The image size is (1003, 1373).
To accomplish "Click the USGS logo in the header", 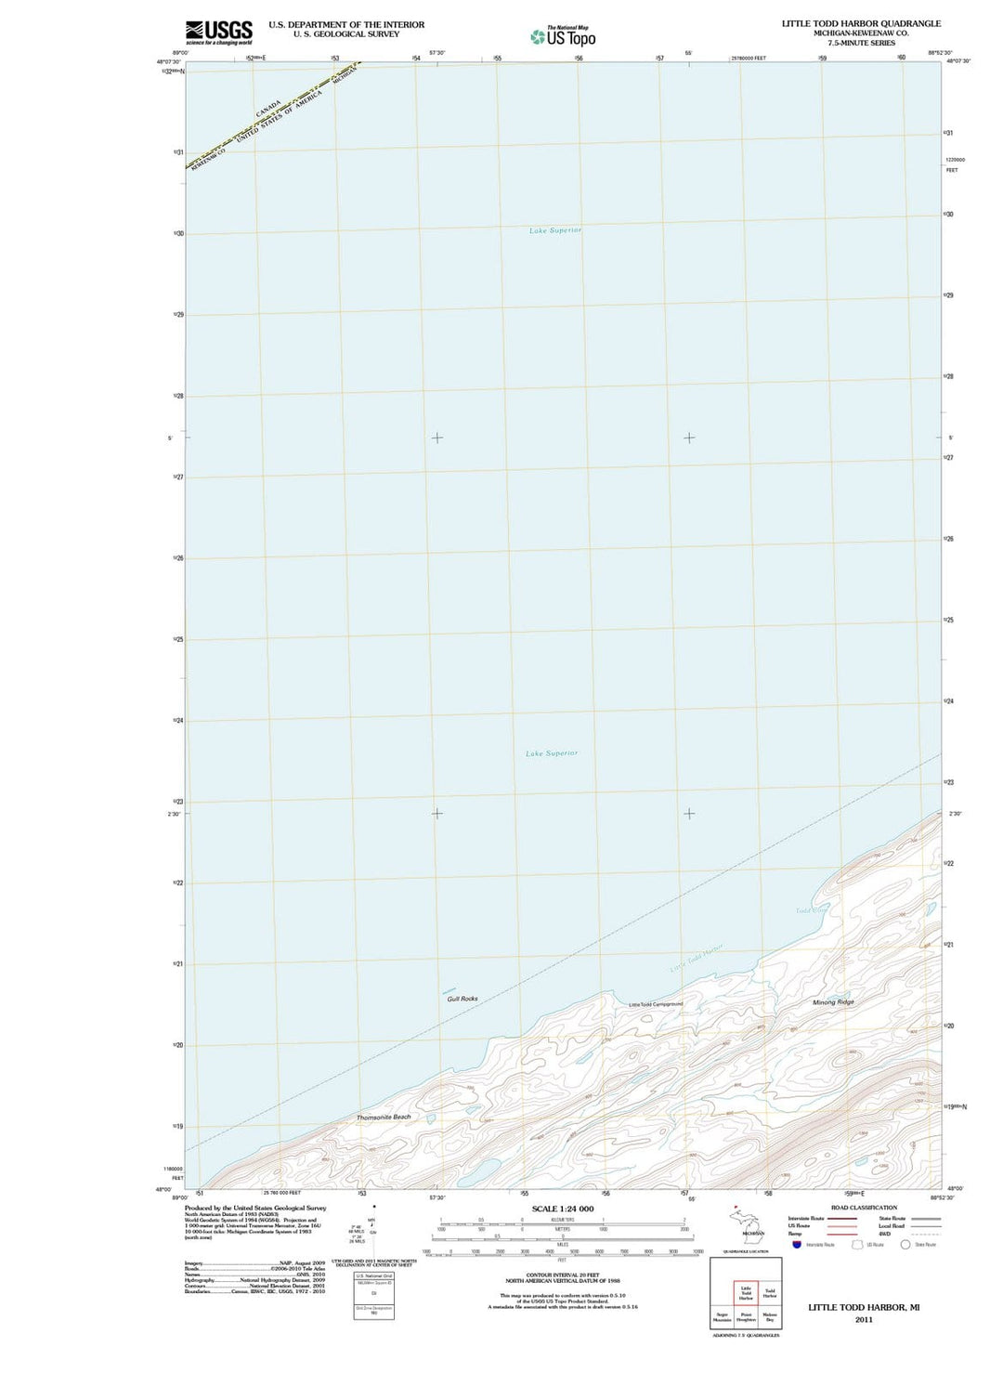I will [219, 32].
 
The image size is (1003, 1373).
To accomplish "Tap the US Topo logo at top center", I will [564, 36].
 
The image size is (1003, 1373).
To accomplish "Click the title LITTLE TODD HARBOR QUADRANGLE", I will [861, 23].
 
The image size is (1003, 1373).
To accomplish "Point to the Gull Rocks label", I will [462, 999].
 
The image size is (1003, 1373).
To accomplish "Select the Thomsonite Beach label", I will [384, 1117].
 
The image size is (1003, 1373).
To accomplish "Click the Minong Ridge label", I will [833, 1002].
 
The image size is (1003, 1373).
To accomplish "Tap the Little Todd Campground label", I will [656, 1004].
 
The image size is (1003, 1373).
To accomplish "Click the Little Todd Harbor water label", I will [697, 959].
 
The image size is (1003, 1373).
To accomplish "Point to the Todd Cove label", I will [811, 910].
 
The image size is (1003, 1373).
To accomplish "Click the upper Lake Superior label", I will [555, 230].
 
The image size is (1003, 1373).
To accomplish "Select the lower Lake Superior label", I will [552, 753].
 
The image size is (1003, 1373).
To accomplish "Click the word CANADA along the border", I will [268, 109].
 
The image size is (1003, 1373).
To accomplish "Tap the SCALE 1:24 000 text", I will [563, 1209].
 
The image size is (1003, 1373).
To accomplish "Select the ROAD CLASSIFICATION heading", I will [864, 1208].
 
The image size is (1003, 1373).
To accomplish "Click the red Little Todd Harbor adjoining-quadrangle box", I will [746, 1293].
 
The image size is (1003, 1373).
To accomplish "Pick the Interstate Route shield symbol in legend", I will [796, 1245].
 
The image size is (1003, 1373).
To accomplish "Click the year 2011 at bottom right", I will [864, 1319].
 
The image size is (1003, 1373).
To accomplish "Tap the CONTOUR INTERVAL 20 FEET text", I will [563, 1275].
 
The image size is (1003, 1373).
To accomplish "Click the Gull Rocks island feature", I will [449, 990].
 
